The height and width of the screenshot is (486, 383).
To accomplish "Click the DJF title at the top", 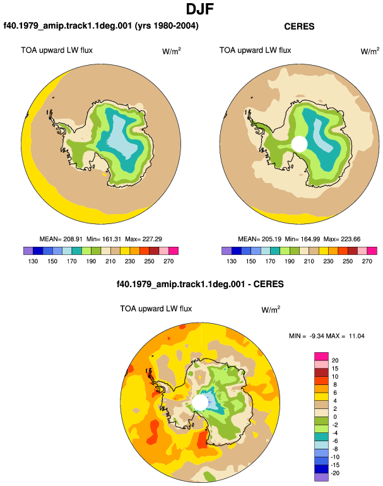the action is (200, 9).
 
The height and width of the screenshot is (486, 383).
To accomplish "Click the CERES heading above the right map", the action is (299, 27).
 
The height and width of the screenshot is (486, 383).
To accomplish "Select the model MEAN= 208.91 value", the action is (61, 239).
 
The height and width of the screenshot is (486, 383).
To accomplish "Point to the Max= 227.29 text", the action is (143, 239).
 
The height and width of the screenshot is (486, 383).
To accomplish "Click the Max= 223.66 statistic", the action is (342, 239).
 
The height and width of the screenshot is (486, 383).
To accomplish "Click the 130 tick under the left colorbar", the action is (33, 261).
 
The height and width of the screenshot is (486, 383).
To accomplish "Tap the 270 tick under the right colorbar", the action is (367, 261).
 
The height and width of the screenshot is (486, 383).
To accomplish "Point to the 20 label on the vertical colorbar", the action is (335, 360).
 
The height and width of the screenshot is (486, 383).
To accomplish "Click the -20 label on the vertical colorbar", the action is (334, 473).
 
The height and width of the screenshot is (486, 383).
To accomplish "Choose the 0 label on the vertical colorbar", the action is (335, 417).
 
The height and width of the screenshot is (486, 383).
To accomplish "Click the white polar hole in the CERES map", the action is (299, 144).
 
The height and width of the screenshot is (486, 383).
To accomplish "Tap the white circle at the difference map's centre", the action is (200, 402).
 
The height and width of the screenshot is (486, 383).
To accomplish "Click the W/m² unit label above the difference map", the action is (271, 309).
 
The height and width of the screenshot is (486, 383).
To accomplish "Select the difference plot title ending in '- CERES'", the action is (200, 284).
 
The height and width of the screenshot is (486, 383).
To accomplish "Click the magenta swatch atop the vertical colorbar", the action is (321, 357).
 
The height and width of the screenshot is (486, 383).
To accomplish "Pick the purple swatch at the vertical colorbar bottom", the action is (321, 477).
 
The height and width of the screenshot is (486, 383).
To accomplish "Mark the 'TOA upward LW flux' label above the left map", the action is (57, 50).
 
